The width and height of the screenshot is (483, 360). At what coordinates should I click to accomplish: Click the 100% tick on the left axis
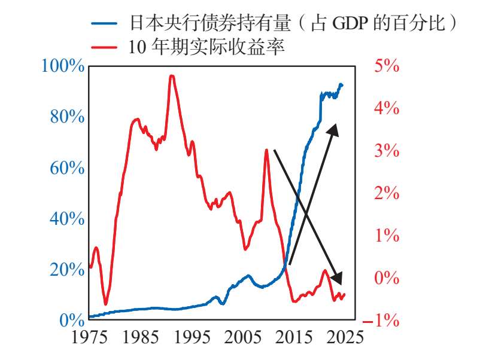coord(63,66)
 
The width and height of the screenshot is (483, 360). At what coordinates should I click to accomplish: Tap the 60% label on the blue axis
coord(67,168)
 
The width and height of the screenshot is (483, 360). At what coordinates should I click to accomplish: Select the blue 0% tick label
coord(72,321)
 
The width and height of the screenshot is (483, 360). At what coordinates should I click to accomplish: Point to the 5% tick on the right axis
coord(387,66)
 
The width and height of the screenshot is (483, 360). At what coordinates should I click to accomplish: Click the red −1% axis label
coord(381,321)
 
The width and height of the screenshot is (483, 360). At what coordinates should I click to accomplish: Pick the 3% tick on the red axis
coord(387,151)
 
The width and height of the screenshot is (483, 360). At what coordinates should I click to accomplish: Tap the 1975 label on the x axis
coord(89,337)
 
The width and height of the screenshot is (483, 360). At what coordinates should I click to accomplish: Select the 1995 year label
coord(192,337)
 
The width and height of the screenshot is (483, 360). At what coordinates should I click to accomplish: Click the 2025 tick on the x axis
coord(345,337)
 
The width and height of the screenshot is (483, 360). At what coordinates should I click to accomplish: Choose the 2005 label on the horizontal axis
coord(243,337)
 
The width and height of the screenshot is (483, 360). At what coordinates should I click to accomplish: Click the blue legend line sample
coord(104,23)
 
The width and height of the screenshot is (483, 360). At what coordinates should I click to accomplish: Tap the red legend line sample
coord(104,47)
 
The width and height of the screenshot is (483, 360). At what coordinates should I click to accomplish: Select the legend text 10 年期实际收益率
coord(206,47)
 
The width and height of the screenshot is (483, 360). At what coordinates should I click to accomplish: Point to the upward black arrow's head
coord(333,130)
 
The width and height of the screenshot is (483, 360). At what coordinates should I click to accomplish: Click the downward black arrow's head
coord(337,278)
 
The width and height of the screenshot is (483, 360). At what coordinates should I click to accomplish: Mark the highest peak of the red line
coord(172,76)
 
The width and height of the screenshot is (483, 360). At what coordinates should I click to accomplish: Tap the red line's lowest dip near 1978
coord(106,304)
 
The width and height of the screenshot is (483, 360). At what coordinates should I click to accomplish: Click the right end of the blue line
coord(342,86)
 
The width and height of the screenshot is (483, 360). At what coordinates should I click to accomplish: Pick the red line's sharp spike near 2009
coord(266,150)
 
